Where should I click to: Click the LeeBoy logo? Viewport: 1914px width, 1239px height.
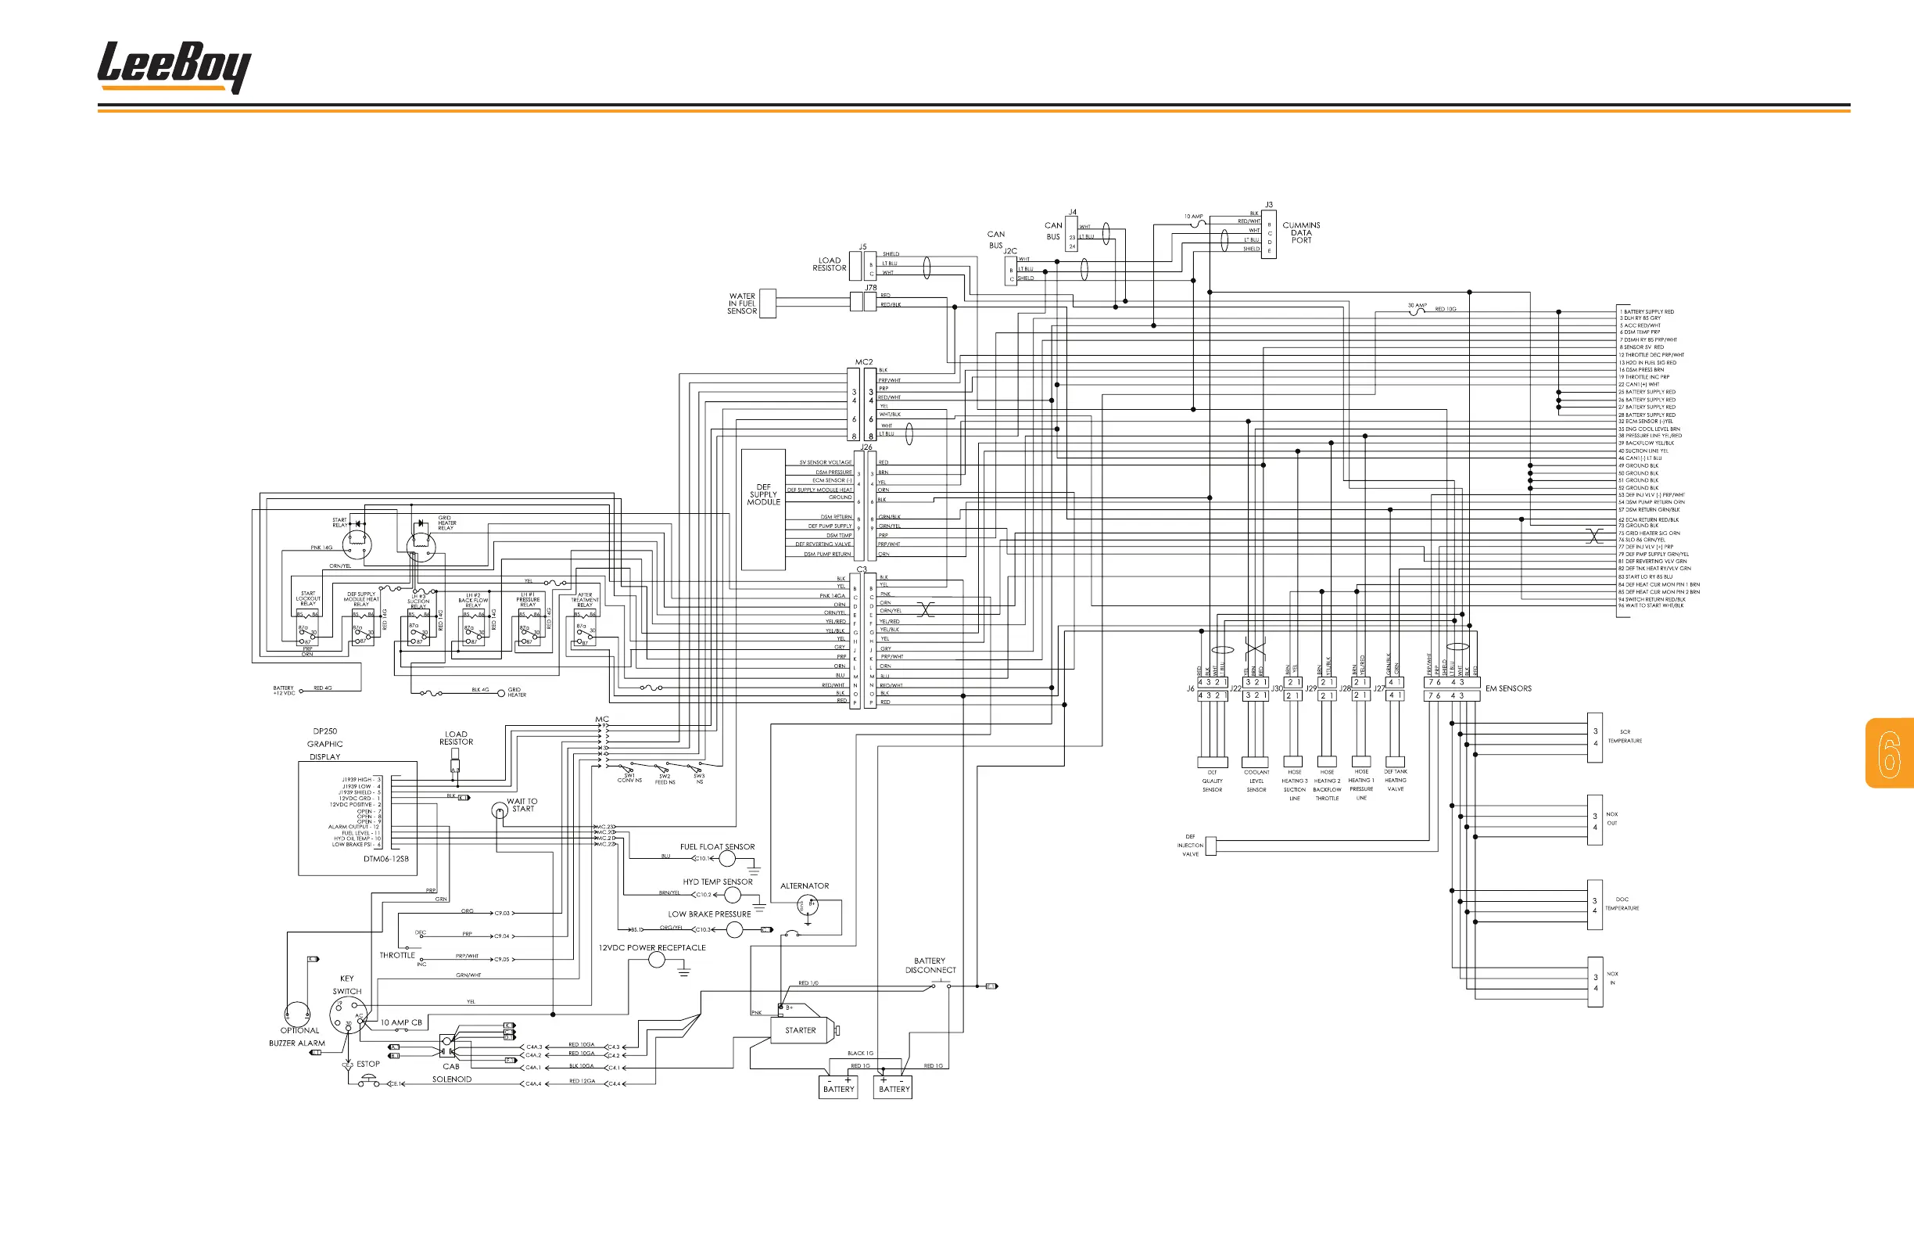click(x=174, y=66)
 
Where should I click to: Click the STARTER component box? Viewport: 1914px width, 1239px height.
click(x=800, y=1031)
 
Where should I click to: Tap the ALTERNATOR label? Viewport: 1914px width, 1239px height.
click(x=805, y=885)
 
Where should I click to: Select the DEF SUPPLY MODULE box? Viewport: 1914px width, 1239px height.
click(x=763, y=509)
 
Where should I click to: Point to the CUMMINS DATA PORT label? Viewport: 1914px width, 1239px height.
click(x=1301, y=232)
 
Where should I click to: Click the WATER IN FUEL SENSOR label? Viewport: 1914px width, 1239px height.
click(x=741, y=303)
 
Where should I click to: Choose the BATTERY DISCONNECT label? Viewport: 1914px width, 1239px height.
click(x=930, y=965)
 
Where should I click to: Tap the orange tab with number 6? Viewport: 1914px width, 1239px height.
click(x=1889, y=753)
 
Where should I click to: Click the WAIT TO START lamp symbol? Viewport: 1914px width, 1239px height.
click(x=500, y=810)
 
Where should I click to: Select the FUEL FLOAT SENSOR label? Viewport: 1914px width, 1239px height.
click(x=717, y=847)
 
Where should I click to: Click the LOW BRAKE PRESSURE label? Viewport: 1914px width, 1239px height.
click(x=709, y=914)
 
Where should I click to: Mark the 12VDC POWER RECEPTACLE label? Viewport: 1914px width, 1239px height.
click(x=652, y=948)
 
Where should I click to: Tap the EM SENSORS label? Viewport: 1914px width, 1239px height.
click(x=1508, y=688)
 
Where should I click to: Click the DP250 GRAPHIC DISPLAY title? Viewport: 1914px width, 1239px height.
click(x=325, y=744)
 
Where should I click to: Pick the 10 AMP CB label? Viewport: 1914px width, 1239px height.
click(x=401, y=1022)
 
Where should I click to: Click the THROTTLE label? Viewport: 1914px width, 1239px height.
click(x=397, y=956)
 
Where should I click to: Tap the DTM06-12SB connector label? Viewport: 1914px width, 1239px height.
click(x=386, y=860)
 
